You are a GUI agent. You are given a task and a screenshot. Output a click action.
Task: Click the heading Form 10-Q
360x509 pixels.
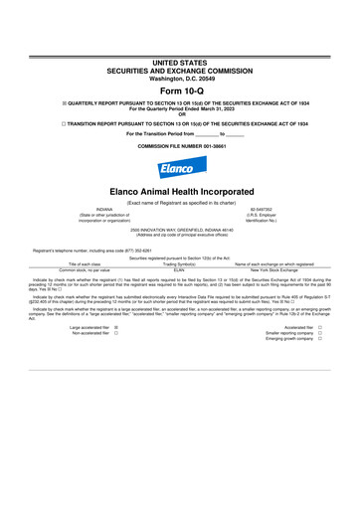180,90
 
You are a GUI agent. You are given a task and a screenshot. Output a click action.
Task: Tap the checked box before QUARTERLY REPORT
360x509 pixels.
38,105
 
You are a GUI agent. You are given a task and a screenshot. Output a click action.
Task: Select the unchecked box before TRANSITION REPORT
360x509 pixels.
38,126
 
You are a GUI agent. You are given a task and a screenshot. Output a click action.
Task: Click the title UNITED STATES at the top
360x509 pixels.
180,62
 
